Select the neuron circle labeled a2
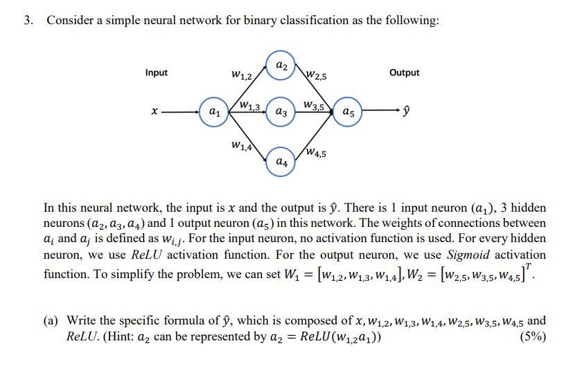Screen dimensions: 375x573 coord(281,65)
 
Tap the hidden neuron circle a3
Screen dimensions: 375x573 coord(281,111)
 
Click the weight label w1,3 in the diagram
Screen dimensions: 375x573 coord(248,106)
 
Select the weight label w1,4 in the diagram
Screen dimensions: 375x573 coord(242,145)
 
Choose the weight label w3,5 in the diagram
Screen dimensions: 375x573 coord(314,105)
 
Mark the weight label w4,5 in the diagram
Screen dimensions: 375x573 coord(317,152)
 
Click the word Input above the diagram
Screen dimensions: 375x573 coord(156,73)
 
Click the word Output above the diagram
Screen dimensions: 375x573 coord(404,73)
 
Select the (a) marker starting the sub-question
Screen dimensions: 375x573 coord(51,321)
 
